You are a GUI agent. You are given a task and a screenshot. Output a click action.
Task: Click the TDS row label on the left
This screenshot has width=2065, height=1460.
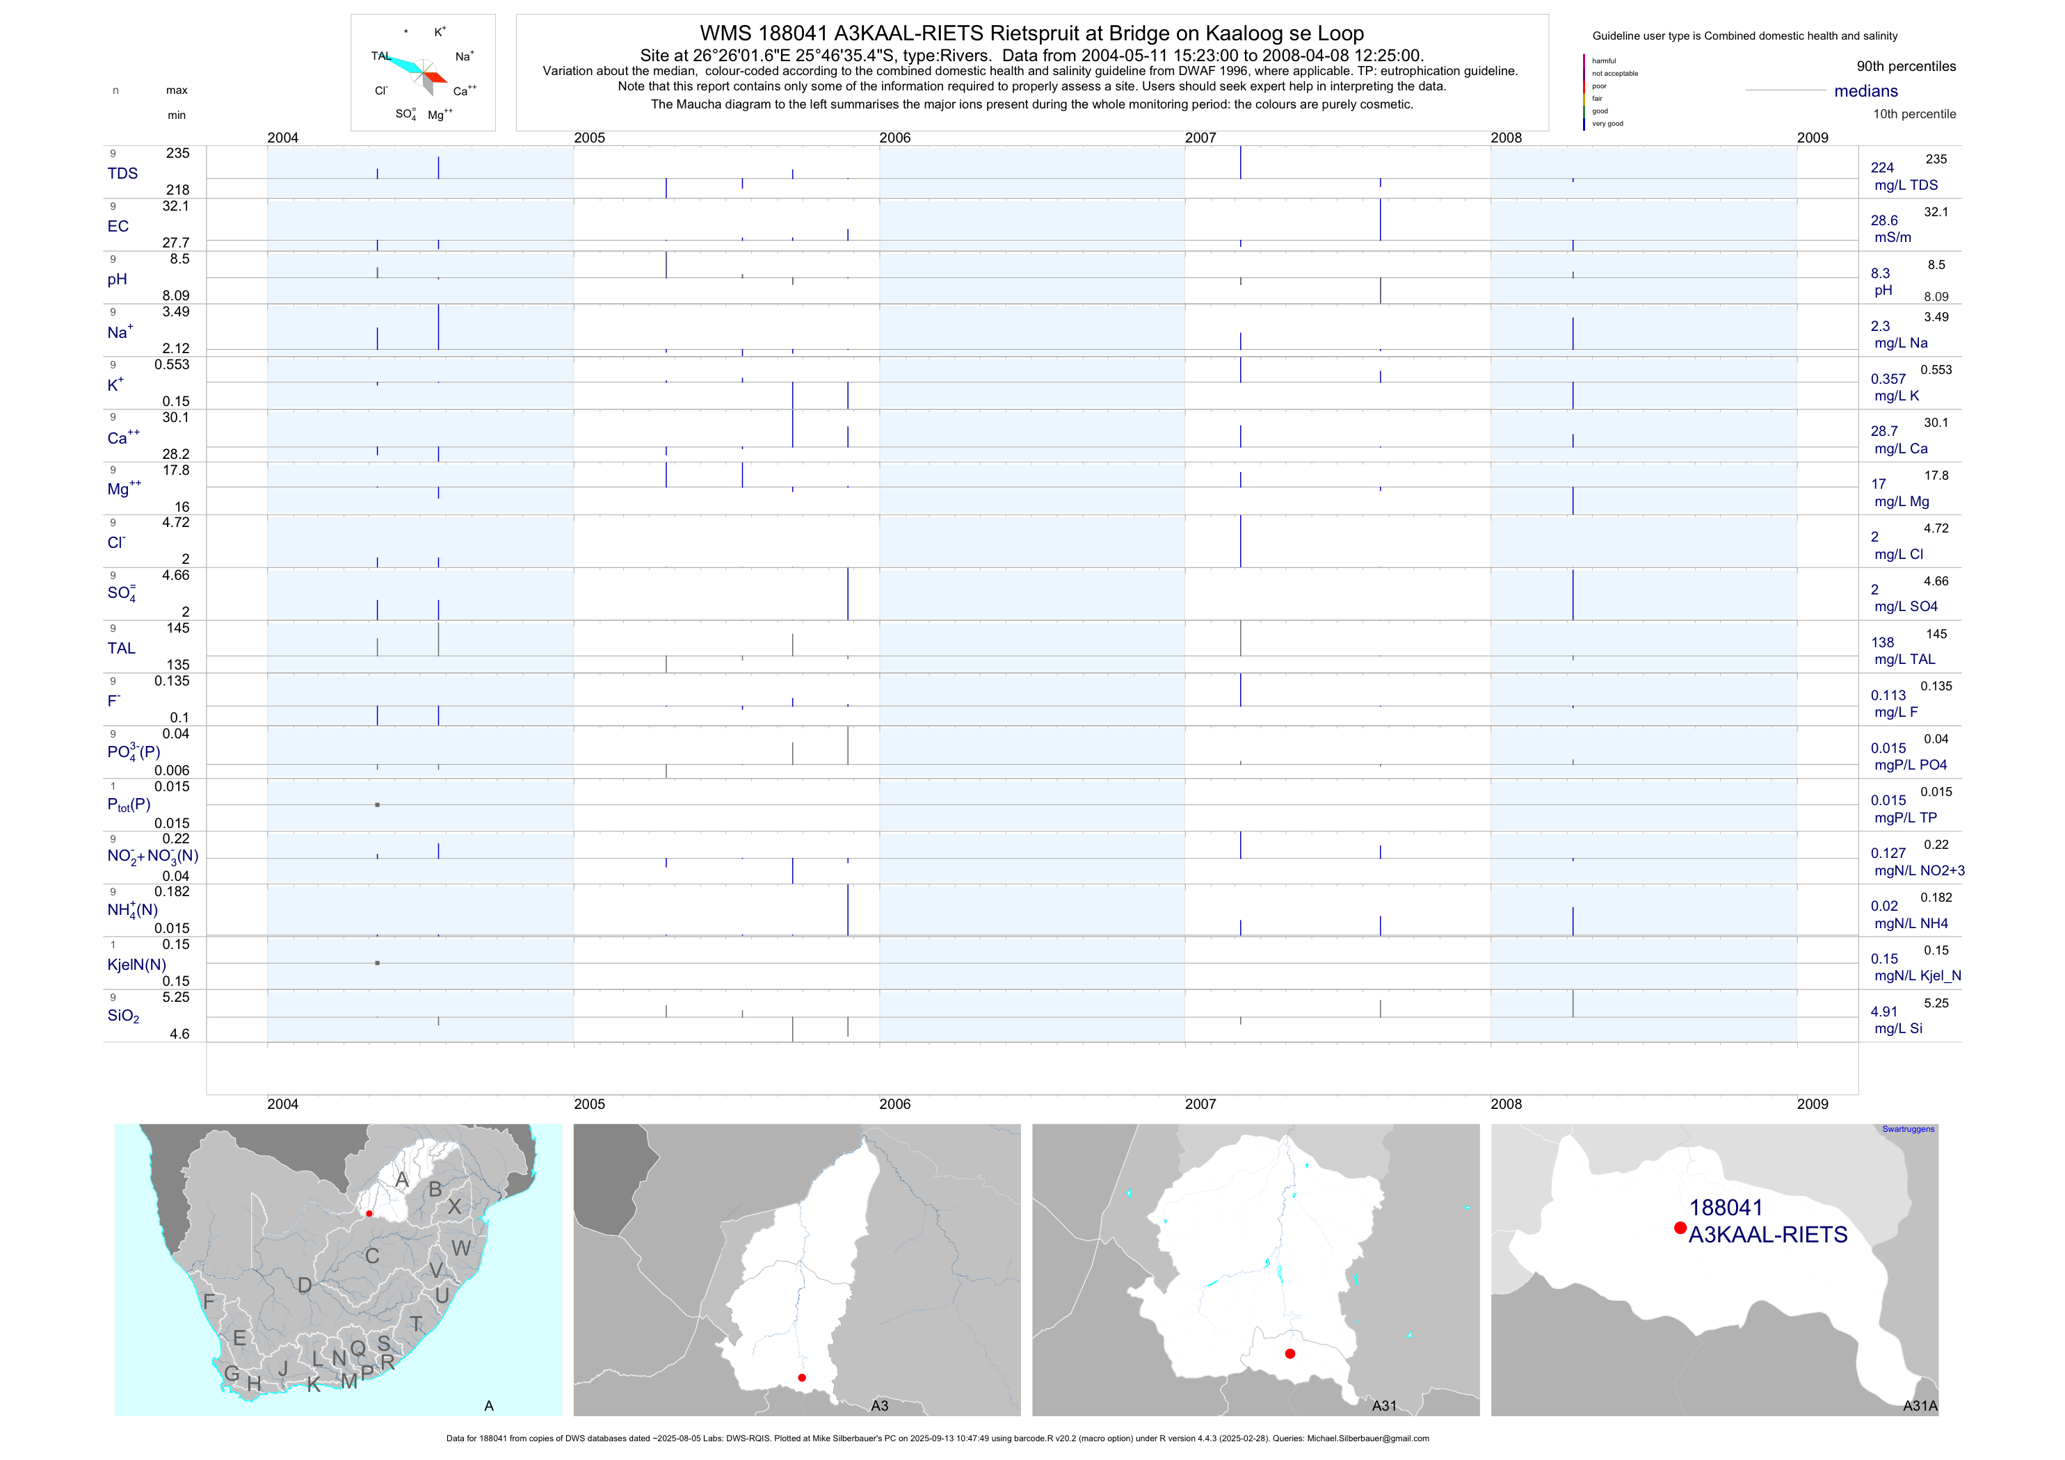[x=122, y=174]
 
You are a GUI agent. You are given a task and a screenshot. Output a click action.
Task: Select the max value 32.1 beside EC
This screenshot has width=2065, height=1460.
[x=175, y=206]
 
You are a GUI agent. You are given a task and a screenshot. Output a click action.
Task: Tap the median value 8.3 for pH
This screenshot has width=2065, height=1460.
[x=1880, y=273]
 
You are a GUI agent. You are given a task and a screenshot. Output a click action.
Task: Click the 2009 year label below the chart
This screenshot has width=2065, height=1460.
[x=1813, y=1104]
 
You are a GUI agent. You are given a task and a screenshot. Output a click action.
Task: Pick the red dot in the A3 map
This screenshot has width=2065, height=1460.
[x=801, y=1377]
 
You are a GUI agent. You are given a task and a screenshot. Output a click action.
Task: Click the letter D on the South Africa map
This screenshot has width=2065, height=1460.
[x=305, y=1285]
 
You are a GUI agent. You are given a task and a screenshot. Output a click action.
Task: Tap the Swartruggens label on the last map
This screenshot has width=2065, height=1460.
[x=1908, y=1129]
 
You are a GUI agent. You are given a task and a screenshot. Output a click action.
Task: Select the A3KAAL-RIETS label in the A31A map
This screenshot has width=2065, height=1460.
[x=1767, y=1235]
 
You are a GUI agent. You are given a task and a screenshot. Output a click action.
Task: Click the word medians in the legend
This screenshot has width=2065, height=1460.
[x=1865, y=91]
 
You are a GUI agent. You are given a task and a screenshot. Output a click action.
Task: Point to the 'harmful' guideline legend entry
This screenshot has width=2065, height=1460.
[x=1604, y=61]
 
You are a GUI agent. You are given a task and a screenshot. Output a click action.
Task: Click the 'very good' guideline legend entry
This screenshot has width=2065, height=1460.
[x=1607, y=124]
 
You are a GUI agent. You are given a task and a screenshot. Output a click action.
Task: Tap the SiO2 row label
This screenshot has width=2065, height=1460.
[x=123, y=1016]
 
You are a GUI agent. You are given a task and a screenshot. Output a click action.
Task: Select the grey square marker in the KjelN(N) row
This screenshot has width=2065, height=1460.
[x=377, y=963]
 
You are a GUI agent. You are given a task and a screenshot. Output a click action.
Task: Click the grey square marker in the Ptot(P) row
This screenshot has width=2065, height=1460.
[x=377, y=804]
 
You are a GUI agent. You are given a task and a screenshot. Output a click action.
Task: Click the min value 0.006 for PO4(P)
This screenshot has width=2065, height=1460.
[x=172, y=770]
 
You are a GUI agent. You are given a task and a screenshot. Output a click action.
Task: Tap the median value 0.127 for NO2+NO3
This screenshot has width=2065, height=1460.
[x=1888, y=853]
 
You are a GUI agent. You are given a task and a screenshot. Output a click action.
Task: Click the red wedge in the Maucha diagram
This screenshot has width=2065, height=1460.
[x=435, y=78]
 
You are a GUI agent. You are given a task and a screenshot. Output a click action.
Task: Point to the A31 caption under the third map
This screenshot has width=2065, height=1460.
[x=1383, y=1405]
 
